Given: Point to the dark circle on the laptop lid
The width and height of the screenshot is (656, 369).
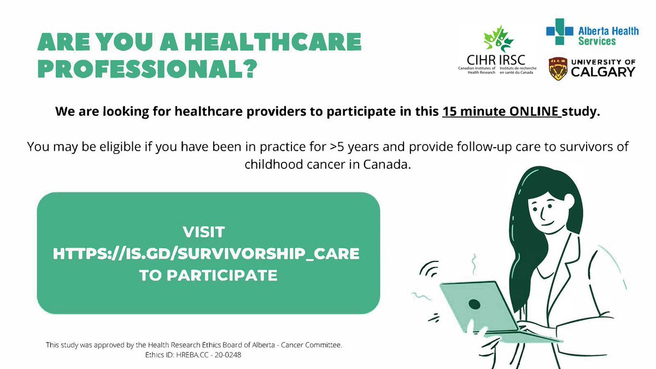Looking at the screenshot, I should (x=473, y=304).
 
